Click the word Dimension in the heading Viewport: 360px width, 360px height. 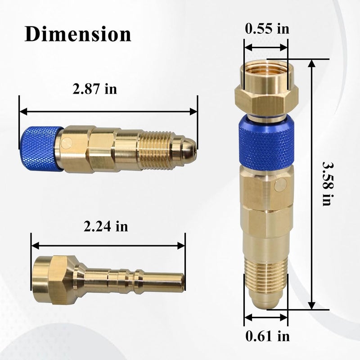tap(77, 34)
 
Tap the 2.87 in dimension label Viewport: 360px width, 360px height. tap(94, 89)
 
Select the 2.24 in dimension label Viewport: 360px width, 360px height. tap(106, 226)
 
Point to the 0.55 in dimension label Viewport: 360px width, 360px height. tap(267, 29)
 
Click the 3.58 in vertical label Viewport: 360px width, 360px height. tap(327, 184)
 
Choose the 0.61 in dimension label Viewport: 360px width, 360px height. tap(267, 336)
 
